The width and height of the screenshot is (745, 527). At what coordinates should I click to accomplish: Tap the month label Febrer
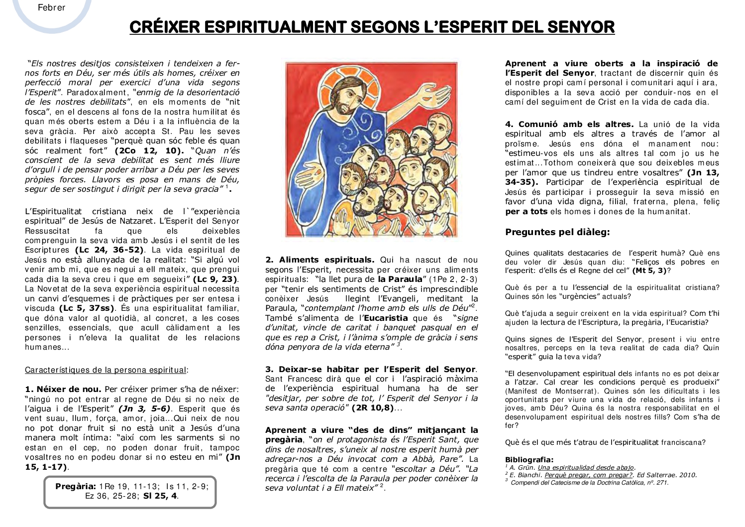click(x=51, y=7)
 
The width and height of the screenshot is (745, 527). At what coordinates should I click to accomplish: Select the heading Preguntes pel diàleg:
click(x=557, y=232)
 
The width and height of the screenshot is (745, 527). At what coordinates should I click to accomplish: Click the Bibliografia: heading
click(x=529, y=460)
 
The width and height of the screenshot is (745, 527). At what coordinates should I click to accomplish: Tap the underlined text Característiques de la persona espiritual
click(x=106, y=370)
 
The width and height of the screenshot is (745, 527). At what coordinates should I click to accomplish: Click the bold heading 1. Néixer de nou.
click(x=63, y=389)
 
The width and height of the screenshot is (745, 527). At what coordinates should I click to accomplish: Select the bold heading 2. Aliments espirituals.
click(x=320, y=260)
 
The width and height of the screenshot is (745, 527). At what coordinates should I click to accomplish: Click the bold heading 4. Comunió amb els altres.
click(x=569, y=124)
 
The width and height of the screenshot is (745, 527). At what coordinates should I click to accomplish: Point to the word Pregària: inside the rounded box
click(x=76, y=486)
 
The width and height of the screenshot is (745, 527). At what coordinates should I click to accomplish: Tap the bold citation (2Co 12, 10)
click(x=146, y=150)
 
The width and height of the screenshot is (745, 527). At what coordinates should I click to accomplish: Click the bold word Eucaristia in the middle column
click(x=386, y=318)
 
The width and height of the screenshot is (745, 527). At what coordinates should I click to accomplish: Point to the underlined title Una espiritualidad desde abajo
click(x=586, y=467)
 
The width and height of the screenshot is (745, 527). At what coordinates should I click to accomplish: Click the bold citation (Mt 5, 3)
click(x=649, y=270)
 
